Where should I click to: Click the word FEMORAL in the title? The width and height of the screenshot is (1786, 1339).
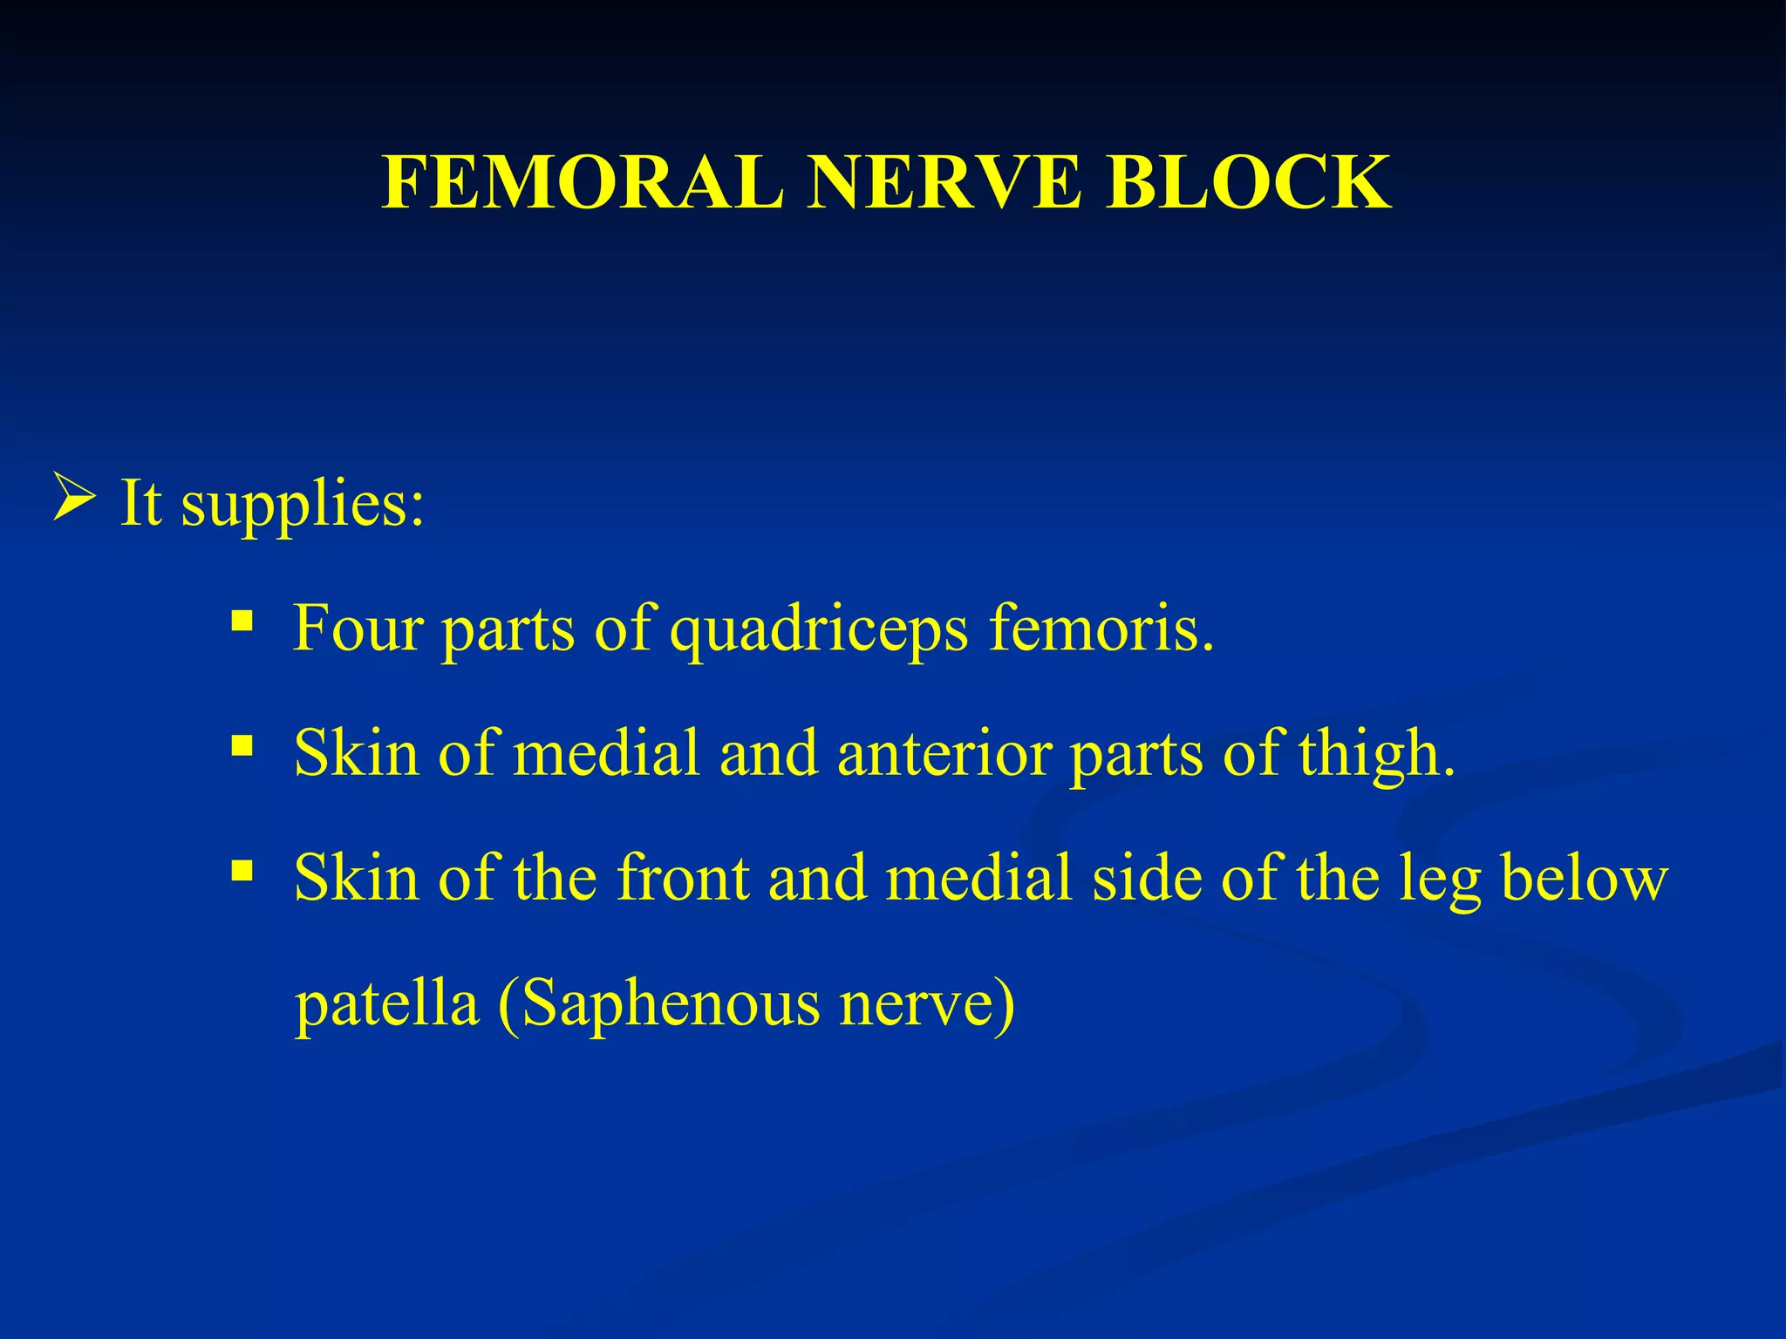click(x=583, y=183)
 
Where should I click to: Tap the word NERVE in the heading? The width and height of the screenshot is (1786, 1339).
click(x=944, y=183)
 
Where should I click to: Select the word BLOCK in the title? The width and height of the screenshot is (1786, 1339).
click(x=1248, y=183)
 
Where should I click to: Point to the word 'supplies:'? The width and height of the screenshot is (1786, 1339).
click(x=303, y=504)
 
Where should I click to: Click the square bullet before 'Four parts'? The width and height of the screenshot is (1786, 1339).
click(x=242, y=622)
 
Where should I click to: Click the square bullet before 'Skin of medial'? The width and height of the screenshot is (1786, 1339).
click(x=242, y=746)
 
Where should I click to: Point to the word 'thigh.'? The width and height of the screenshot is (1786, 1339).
click(x=1376, y=752)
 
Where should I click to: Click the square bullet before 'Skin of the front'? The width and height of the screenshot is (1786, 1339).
click(x=242, y=870)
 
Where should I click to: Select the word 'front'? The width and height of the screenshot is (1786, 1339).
click(x=683, y=877)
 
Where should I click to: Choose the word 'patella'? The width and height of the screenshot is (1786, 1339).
click(x=387, y=1003)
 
